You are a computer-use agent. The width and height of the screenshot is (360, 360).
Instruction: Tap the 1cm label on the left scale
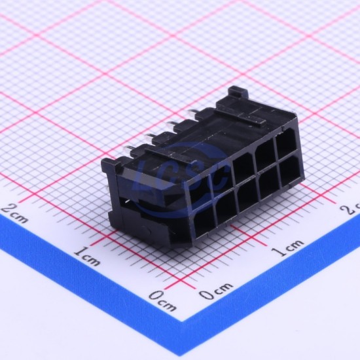click(88, 255)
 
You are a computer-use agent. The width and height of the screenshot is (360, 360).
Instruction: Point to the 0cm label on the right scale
click(215, 291)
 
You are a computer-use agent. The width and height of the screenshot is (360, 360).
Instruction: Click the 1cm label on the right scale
click(289, 248)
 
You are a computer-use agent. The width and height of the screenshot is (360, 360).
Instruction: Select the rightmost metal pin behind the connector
click(192, 113)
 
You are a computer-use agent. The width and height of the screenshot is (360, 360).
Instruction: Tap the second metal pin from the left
click(149, 137)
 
